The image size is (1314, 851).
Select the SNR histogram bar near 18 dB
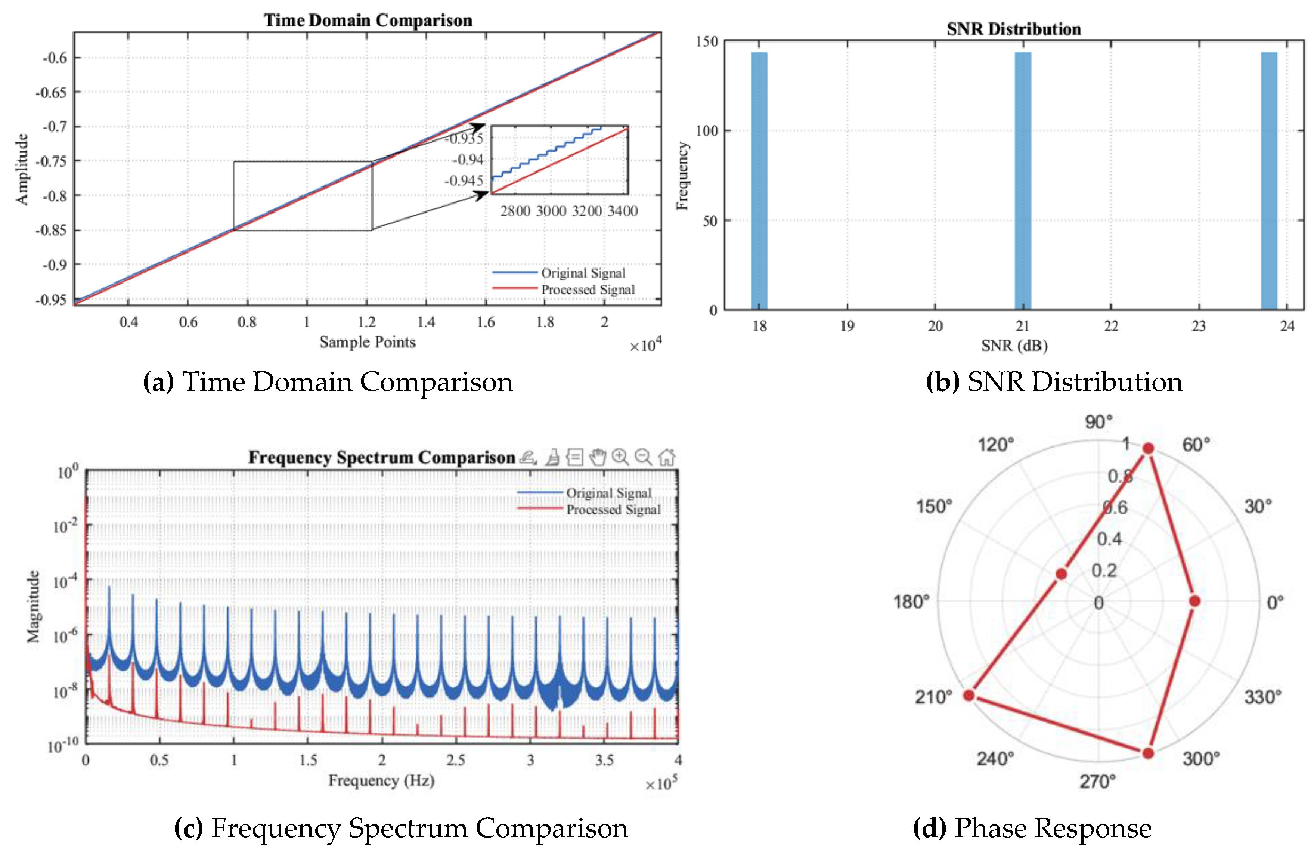[759, 180]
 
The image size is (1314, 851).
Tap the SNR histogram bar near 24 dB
[1269, 180]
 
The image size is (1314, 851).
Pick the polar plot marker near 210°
[969, 695]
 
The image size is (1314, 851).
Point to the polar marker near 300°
[1148, 753]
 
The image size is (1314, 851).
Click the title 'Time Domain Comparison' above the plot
[368, 21]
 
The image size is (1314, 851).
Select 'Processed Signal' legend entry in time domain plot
[588, 290]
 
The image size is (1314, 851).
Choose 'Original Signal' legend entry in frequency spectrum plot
[608, 493]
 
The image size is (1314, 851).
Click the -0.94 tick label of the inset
[468, 160]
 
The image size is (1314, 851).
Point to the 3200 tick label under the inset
[587, 211]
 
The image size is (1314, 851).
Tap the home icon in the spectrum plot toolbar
[667, 457]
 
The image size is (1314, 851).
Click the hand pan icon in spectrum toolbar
[597, 457]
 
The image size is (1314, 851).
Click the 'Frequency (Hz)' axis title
[381, 780]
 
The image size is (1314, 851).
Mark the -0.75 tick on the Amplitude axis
[50, 161]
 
